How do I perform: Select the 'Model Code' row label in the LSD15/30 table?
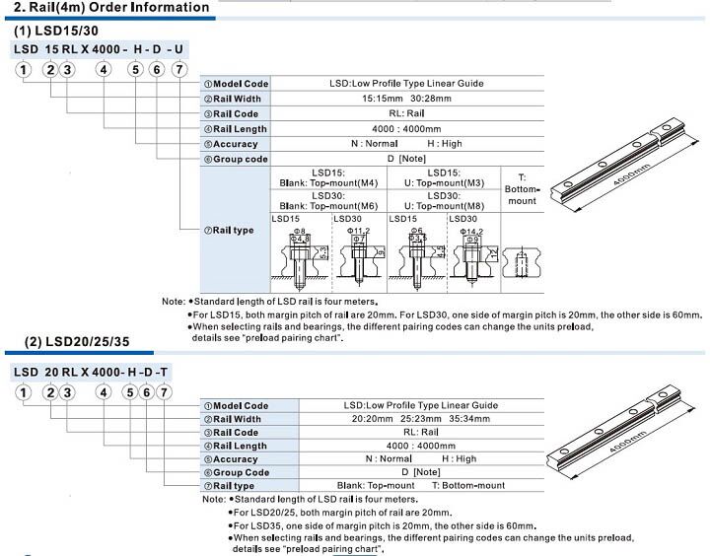[236, 84]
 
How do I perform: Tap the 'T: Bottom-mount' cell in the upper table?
[522, 188]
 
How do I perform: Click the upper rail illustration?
[620, 163]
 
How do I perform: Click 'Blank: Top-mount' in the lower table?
[376, 486]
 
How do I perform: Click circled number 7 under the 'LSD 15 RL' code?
[177, 69]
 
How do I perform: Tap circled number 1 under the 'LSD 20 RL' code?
[21, 392]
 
